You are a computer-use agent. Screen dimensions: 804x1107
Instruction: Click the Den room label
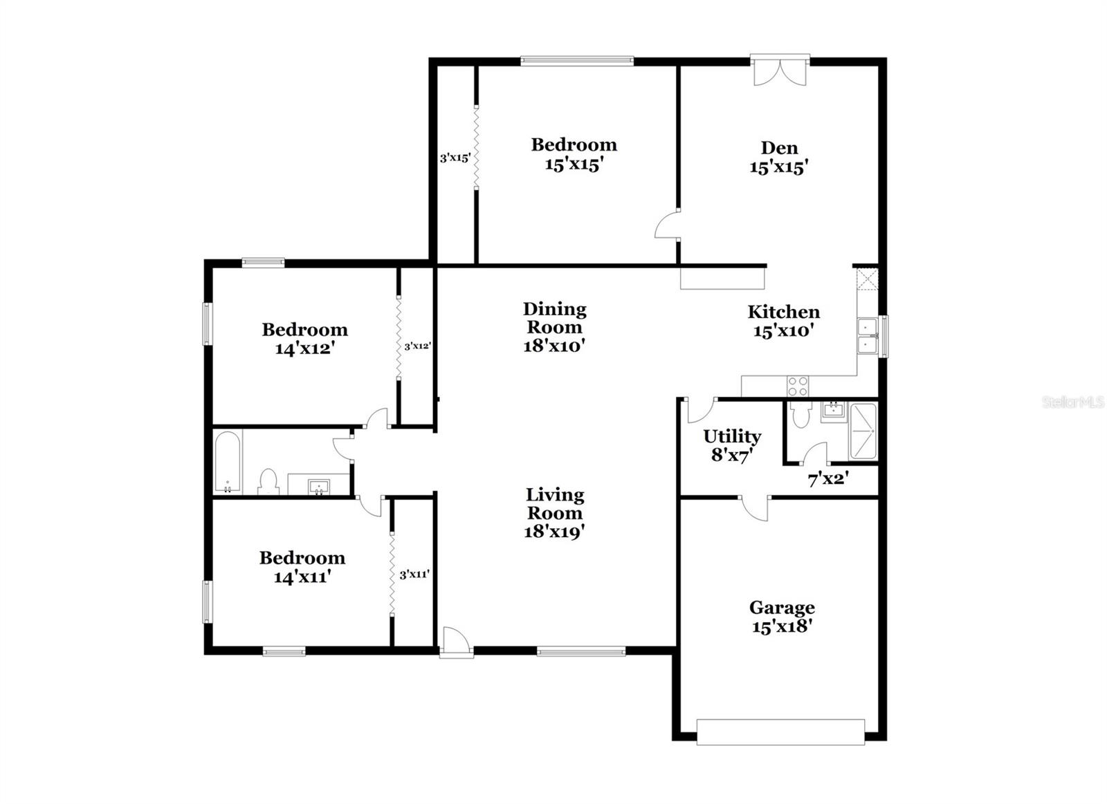(779, 148)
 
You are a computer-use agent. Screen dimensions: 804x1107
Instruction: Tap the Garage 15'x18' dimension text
(782, 626)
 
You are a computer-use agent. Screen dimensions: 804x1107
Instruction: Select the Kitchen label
(783, 312)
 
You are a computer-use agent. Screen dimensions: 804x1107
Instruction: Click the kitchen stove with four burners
(798, 386)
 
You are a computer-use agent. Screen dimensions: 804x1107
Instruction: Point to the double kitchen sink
(866, 336)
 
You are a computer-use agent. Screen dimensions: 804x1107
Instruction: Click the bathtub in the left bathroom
(227, 462)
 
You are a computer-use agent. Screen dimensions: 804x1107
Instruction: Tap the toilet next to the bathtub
(268, 481)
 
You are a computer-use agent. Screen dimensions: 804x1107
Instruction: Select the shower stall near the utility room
(863, 431)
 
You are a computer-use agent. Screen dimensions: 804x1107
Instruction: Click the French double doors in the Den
(780, 71)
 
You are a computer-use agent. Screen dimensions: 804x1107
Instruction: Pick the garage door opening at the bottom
(780, 732)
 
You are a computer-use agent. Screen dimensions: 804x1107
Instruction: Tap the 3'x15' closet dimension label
(455, 158)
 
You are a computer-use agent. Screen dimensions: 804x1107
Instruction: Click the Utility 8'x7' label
(732, 445)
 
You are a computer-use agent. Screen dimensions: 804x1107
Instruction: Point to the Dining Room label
(554, 318)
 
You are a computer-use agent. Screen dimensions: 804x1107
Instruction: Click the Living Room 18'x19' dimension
(555, 532)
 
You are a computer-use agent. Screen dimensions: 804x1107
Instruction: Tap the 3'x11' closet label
(414, 574)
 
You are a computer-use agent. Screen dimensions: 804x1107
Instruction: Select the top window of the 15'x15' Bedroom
(576, 61)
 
